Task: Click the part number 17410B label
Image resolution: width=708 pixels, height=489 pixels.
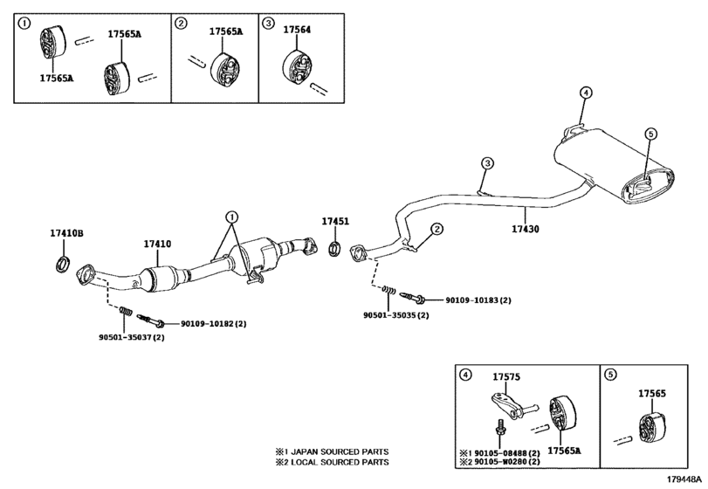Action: pyautogui.click(x=65, y=233)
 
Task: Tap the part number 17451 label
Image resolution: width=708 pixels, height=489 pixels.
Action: pyautogui.click(x=334, y=222)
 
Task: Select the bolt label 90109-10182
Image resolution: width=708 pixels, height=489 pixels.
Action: pyautogui.click(x=214, y=324)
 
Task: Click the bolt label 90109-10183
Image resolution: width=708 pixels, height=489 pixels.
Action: pyautogui.click(x=478, y=300)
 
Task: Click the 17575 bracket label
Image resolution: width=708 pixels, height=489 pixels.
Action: pyautogui.click(x=506, y=377)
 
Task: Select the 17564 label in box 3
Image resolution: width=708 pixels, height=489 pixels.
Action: pyautogui.click(x=297, y=30)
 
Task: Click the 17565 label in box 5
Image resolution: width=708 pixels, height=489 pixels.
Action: pyautogui.click(x=652, y=394)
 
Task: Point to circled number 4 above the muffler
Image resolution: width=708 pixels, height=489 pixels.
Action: pyautogui.click(x=586, y=93)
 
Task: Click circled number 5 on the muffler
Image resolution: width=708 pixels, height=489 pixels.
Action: pyautogui.click(x=650, y=134)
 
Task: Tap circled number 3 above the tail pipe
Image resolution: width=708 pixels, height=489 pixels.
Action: pyautogui.click(x=487, y=163)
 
